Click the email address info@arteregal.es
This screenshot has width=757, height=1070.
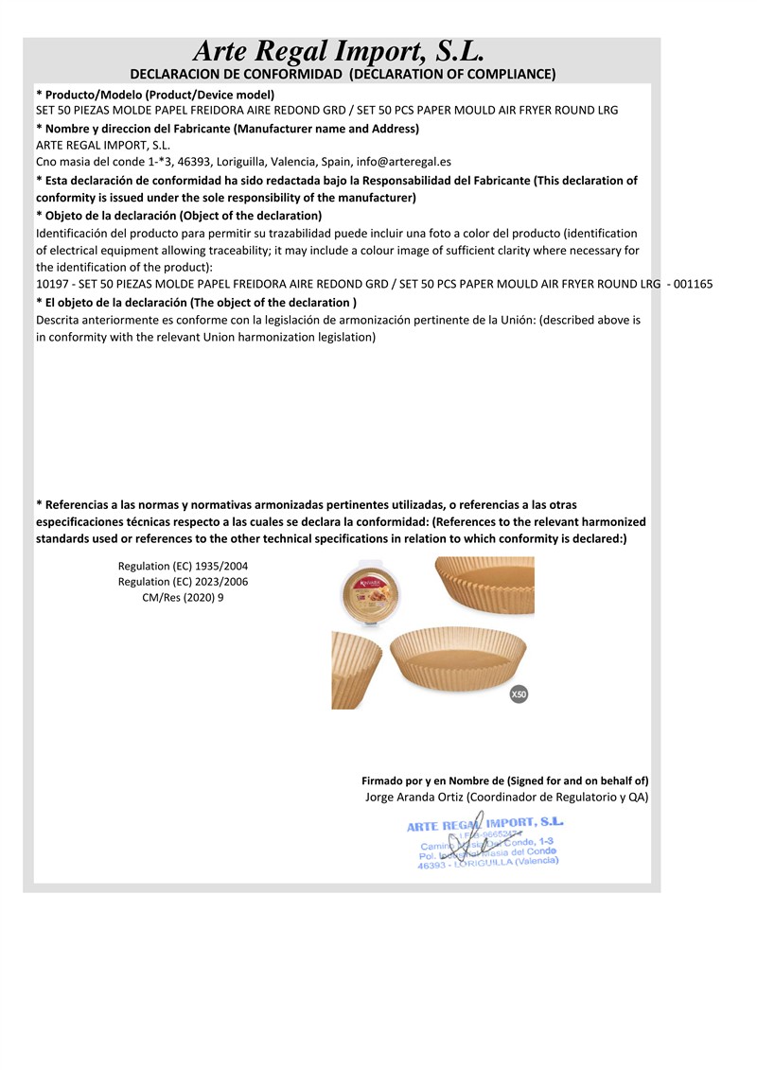tap(404, 162)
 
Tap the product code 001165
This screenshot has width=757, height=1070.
tap(693, 285)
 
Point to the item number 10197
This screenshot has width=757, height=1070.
tap(51, 285)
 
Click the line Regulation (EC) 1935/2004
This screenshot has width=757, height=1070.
tap(183, 566)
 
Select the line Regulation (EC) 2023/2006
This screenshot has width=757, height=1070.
tap(183, 582)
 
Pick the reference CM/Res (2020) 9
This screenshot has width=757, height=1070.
tap(183, 598)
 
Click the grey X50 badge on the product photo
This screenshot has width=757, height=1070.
tap(518, 694)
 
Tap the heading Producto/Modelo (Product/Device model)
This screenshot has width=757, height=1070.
tap(155, 95)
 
